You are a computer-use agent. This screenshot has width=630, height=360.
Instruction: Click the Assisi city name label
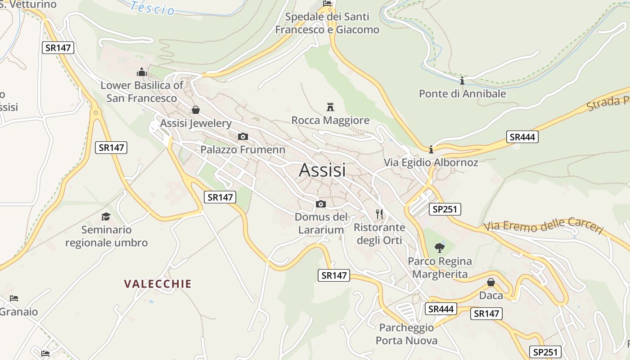tap(322, 170)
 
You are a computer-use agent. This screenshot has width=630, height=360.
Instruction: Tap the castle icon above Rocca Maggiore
tap(330, 107)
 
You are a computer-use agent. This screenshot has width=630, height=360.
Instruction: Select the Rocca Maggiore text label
tap(330, 121)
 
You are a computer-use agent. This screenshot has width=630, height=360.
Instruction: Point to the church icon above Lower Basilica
tap(142, 72)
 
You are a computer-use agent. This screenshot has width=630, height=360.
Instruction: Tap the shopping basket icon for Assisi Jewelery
tap(196, 109)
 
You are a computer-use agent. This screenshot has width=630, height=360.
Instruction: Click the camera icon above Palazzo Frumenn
tap(243, 136)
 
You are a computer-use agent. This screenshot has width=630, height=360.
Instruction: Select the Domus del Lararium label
tap(321, 223)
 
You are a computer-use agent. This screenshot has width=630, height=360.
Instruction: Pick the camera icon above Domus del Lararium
tap(321, 204)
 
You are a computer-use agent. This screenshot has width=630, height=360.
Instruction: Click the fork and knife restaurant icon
tap(379, 213)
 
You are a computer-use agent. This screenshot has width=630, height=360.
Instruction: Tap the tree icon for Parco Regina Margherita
tap(439, 247)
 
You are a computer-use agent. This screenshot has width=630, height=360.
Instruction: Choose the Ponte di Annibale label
tap(462, 94)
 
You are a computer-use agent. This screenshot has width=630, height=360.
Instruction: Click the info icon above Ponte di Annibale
tap(462, 81)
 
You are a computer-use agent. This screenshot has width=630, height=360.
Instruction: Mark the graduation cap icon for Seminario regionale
tap(106, 216)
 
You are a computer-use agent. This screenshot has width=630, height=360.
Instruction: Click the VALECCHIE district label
tap(158, 284)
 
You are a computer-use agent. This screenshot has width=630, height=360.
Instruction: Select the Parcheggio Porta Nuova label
tap(406, 334)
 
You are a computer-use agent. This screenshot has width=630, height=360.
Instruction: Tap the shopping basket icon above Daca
tap(491, 282)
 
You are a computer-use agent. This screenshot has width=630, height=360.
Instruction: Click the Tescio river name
tap(153, 8)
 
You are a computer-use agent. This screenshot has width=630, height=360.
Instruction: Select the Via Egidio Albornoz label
tap(431, 162)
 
